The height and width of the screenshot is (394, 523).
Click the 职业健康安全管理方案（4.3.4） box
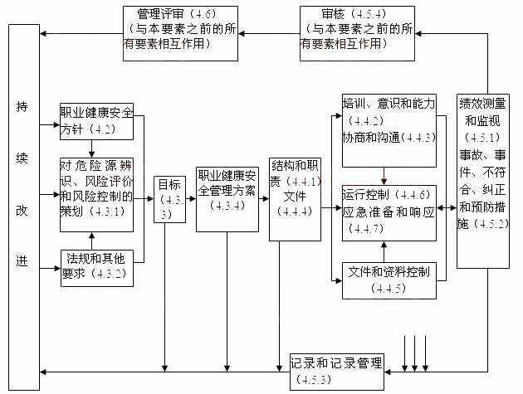tap(227, 199)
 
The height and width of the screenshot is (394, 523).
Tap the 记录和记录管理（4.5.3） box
tap(335, 371)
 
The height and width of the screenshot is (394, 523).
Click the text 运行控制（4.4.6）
tap(386, 195)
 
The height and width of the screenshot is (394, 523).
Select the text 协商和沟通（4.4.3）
tap(389, 137)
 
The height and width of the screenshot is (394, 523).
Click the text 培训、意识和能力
tap(389, 104)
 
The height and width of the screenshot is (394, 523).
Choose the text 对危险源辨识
tap(96, 165)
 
